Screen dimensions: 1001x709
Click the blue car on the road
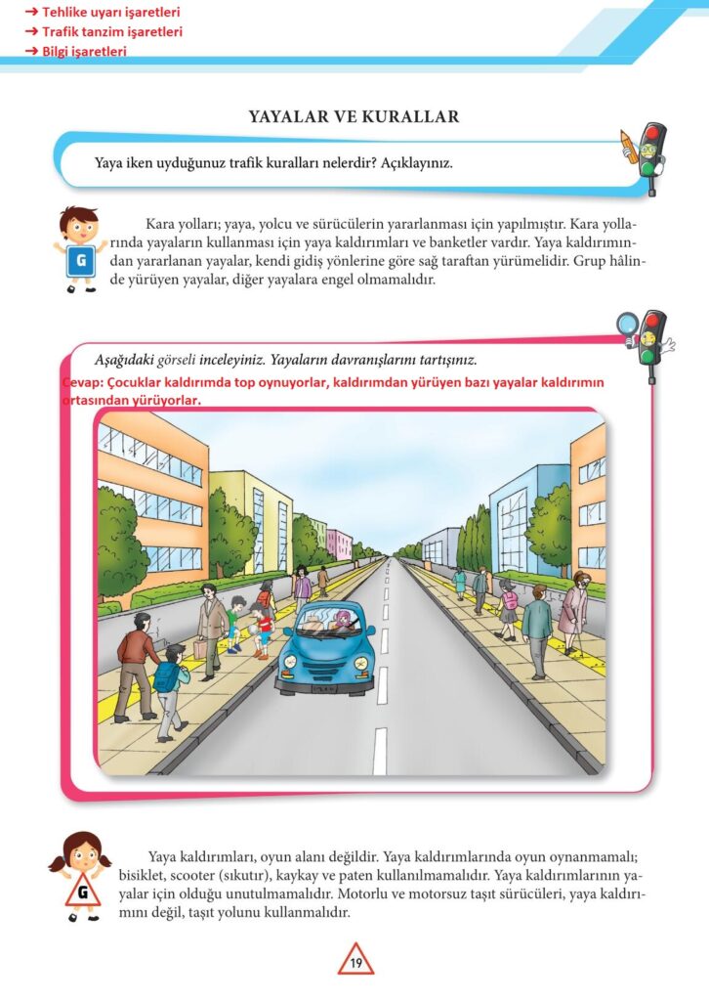tap(323, 648)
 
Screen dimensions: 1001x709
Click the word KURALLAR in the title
tap(410, 117)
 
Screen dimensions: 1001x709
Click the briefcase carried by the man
tap(201, 647)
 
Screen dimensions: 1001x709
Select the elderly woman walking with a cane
tap(574, 611)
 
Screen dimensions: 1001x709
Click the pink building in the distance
tap(338, 543)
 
